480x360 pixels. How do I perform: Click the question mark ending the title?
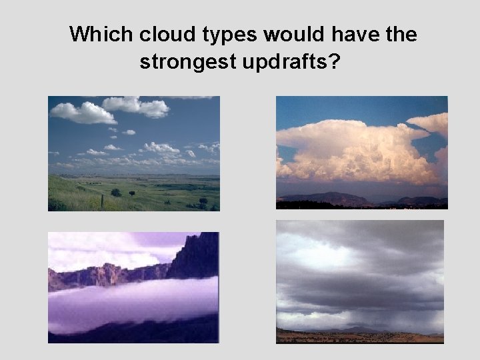pyautogui.click(x=333, y=62)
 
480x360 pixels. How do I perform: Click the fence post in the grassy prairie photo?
pyautogui.click(x=102, y=199)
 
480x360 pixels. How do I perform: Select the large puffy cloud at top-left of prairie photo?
pyautogui.click(x=83, y=113)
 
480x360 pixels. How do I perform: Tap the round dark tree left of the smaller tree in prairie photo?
pyautogui.click(x=116, y=192)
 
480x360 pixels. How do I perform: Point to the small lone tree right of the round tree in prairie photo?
pyautogui.click(x=131, y=193)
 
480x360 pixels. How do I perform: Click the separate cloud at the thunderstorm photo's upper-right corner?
pyautogui.click(x=430, y=123)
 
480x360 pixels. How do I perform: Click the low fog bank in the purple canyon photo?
pyautogui.click(x=133, y=303)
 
